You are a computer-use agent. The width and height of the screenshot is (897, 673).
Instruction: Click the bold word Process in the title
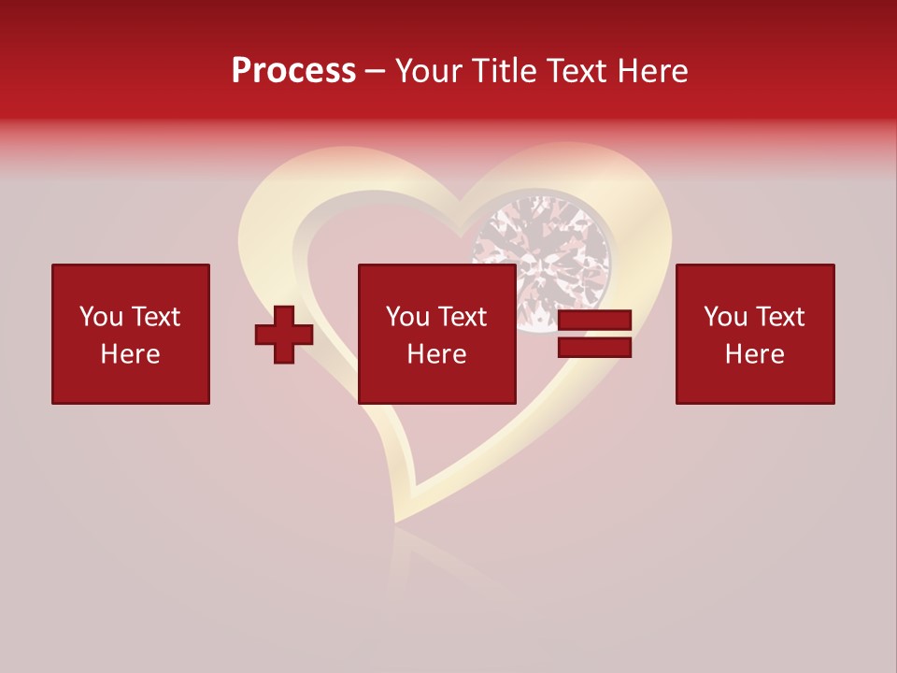click(x=293, y=71)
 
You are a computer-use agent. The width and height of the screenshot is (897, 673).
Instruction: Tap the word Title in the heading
click(x=505, y=71)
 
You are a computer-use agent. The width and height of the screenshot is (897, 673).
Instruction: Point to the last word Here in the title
click(x=652, y=71)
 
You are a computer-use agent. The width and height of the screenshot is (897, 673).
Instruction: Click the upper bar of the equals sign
click(x=594, y=321)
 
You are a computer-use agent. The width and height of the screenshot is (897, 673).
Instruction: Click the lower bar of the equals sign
click(x=594, y=348)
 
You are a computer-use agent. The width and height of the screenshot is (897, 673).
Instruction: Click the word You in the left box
click(x=102, y=317)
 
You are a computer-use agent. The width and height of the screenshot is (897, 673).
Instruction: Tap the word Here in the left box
click(x=130, y=354)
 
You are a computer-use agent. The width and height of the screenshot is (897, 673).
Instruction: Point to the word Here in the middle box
click(x=436, y=354)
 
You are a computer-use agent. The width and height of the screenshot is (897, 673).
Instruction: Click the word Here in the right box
click(x=754, y=354)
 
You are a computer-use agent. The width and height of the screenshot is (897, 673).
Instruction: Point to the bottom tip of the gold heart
click(x=399, y=519)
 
